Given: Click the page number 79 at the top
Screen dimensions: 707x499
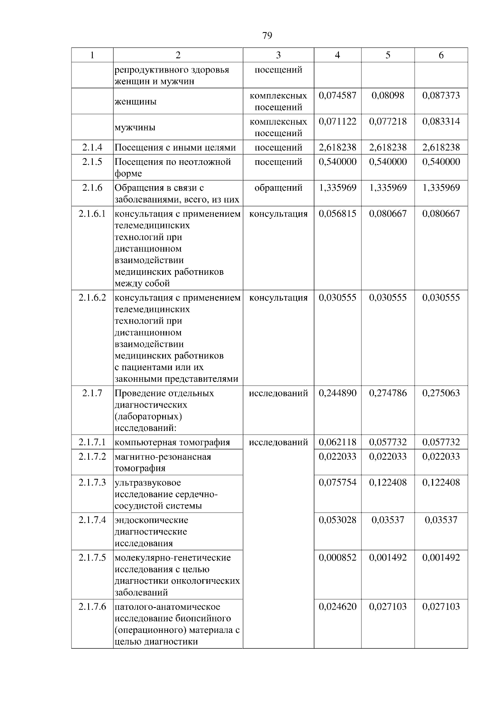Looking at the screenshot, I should pos(267,35).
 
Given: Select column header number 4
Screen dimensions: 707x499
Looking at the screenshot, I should pos(337,55).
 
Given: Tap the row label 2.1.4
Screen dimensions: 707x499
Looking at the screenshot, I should pos(92,147).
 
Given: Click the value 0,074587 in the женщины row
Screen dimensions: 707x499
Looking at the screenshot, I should pos(337,95).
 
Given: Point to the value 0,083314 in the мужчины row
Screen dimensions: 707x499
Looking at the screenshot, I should pos(441,122).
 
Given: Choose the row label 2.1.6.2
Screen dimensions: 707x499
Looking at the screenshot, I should pos(92,298).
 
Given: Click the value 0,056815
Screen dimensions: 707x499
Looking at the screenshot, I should pos(337,214).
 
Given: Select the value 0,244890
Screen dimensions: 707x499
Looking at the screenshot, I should pos(337,393).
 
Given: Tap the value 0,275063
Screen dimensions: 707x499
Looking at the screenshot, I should pos(441,393).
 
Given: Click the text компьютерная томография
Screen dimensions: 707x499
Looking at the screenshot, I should pos(172,442).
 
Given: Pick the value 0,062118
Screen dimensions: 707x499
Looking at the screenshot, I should pos(337,442).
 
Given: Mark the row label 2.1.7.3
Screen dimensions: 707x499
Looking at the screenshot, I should pos(92,483).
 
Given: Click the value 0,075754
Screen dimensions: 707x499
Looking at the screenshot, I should pos(337,483).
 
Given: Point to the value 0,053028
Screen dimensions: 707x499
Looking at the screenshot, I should pos(337,520).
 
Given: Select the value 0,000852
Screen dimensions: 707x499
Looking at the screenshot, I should pos(337,558).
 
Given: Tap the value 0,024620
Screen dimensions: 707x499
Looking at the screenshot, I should pos(337,607).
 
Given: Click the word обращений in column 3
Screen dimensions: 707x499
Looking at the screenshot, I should pos(278,188).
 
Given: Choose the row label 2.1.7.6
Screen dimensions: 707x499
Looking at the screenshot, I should pos(92,607).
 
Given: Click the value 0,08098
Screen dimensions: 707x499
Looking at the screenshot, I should pos(388,95).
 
